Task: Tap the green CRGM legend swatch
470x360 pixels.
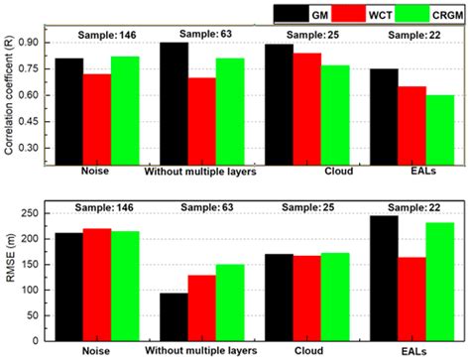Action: click(417, 14)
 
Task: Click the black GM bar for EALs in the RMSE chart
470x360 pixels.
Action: click(384, 277)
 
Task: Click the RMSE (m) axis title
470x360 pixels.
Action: click(11, 274)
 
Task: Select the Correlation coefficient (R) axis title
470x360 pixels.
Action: click(10, 99)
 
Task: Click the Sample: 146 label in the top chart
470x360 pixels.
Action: click(102, 33)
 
